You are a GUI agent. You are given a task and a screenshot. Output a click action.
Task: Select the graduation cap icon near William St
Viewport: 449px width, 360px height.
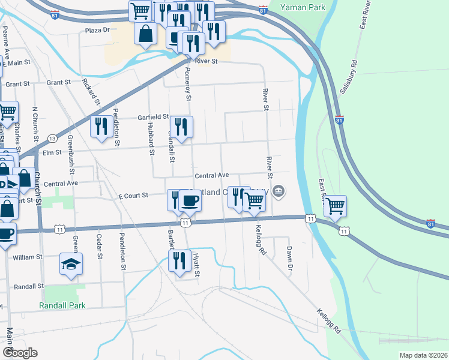[x=71, y=263]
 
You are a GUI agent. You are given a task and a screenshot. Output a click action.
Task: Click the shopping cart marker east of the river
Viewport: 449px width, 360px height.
[x=335, y=205]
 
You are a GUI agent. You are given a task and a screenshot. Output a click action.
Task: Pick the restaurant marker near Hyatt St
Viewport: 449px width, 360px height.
[x=179, y=261]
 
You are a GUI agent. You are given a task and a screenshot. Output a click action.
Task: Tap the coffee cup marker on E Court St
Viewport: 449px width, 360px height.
[x=190, y=200]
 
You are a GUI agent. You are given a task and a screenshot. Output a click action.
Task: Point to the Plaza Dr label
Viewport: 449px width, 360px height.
[x=98, y=29]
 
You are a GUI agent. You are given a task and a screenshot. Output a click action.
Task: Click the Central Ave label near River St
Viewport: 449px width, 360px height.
[x=211, y=175]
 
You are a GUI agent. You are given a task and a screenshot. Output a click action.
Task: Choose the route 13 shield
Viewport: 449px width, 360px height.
[x=52, y=139]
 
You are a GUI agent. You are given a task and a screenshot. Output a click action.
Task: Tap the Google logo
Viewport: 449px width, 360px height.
[x=19, y=353]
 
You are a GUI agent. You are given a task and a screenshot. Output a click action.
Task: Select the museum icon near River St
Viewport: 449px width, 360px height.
[x=279, y=192]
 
